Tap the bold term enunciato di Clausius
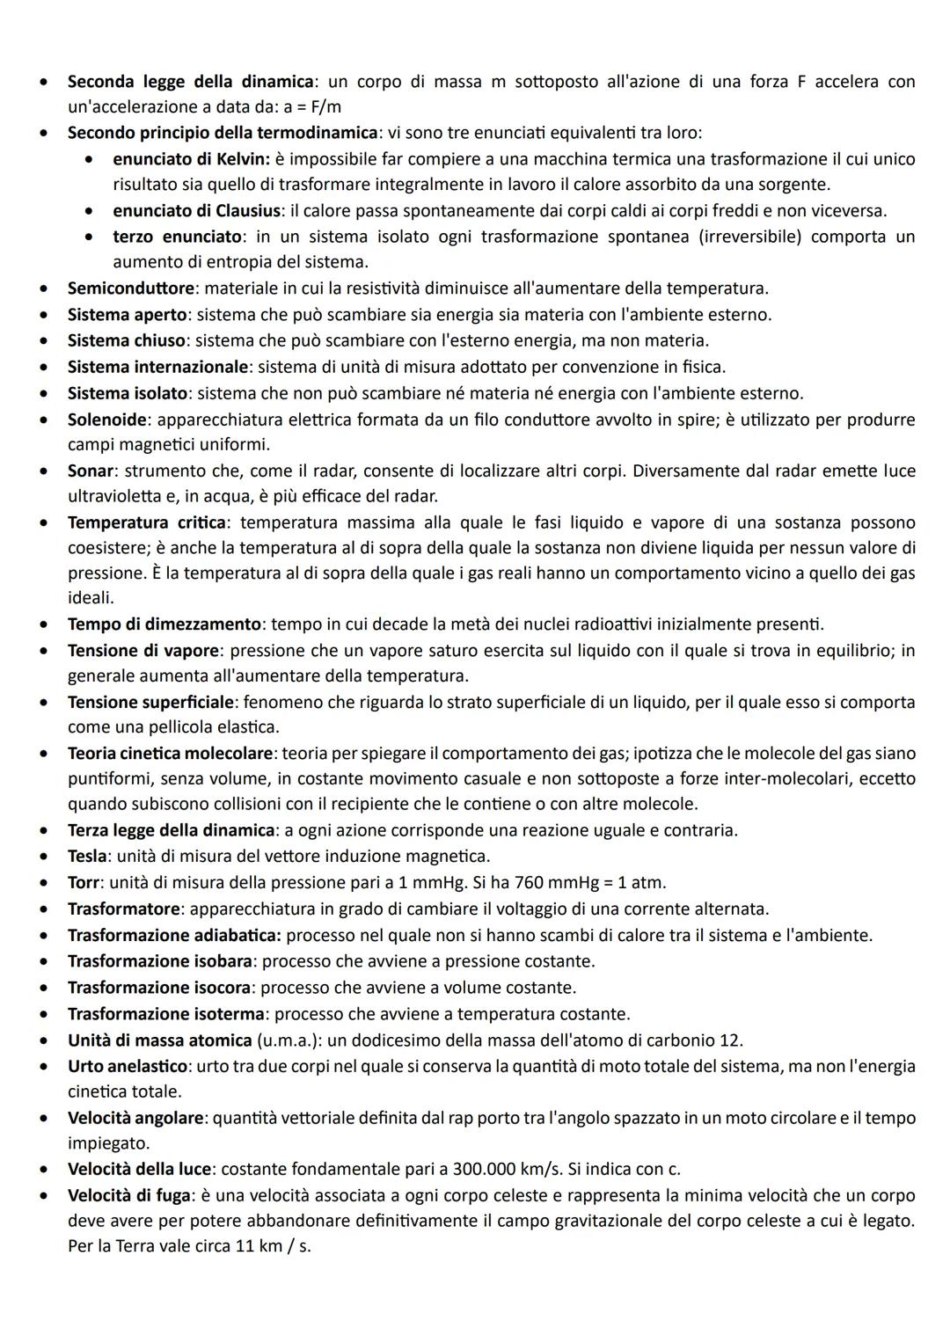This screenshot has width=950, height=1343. (197, 211)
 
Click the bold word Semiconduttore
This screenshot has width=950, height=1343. (131, 288)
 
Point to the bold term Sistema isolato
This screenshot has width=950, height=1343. (128, 393)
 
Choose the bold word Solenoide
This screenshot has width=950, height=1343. (107, 420)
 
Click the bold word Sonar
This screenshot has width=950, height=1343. (91, 471)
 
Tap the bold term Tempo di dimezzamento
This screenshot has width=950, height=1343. (164, 624)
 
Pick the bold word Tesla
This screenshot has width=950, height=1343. (87, 857)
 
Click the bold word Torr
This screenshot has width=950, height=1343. (85, 882)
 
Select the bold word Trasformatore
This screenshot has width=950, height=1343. (124, 909)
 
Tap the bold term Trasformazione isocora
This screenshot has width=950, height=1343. (159, 988)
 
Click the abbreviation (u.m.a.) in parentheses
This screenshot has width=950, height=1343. (289, 1040)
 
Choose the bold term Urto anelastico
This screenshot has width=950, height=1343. (128, 1066)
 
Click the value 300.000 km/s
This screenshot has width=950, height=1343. (505, 1170)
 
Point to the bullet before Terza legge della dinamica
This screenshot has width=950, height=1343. (42, 830)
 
